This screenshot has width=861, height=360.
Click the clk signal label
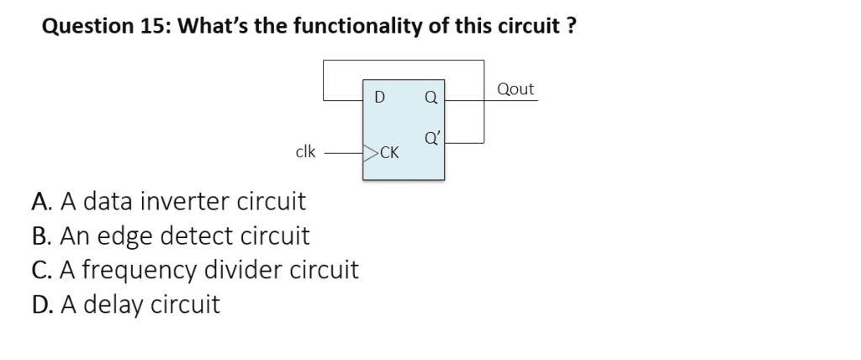click(x=306, y=152)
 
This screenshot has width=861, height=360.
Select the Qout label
click(x=515, y=89)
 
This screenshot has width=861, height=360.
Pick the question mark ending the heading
click(x=571, y=26)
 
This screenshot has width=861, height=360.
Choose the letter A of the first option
click(x=40, y=202)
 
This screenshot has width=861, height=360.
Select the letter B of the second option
click(x=40, y=236)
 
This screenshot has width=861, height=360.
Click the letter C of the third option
click(x=40, y=270)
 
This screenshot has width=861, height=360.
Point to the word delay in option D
click(x=111, y=304)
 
